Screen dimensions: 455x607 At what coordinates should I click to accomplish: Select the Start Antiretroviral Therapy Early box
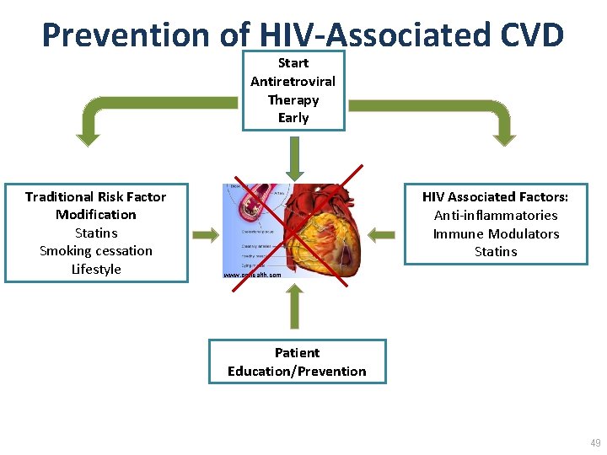pyautogui.click(x=293, y=90)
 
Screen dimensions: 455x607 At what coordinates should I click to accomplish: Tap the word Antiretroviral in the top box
pyautogui.click(x=293, y=82)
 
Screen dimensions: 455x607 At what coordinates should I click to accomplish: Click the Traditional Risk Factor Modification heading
pyautogui.click(x=95, y=206)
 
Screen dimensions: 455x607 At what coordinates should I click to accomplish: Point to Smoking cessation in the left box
pyautogui.click(x=95, y=251)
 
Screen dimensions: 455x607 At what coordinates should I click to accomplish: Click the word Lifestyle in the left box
pyautogui.click(x=95, y=270)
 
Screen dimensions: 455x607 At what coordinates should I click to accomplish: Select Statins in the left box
pyautogui.click(x=95, y=233)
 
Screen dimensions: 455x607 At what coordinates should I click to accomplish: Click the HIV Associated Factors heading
pyautogui.click(x=495, y=197)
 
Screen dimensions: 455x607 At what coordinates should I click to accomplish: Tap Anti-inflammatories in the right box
pyautogui.click(x=495, y=216)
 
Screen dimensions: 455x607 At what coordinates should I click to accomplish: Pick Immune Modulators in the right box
pyautogui.click(x=495, y=234)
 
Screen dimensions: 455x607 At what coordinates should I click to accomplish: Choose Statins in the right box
pyautogui.click(x=495, y=252)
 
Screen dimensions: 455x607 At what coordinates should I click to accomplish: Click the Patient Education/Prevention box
pyautogui.click(x=297, y=361)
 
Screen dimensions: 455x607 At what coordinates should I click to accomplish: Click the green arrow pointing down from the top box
pyautogui.click(x=293, y=157)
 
